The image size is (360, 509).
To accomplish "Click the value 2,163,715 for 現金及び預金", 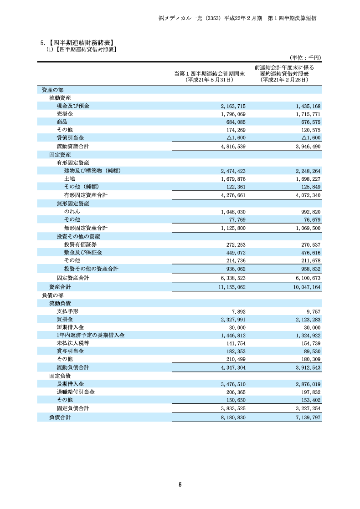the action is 233,106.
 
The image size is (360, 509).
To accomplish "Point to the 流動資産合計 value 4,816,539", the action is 233,147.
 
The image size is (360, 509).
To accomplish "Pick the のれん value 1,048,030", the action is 233,212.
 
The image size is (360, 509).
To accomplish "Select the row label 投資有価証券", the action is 80,244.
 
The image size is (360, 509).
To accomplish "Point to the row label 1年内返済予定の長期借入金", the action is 91,335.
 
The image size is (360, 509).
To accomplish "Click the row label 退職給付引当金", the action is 76,392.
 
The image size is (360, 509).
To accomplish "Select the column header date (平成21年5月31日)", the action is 210,80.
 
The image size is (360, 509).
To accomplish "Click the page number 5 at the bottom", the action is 180,484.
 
